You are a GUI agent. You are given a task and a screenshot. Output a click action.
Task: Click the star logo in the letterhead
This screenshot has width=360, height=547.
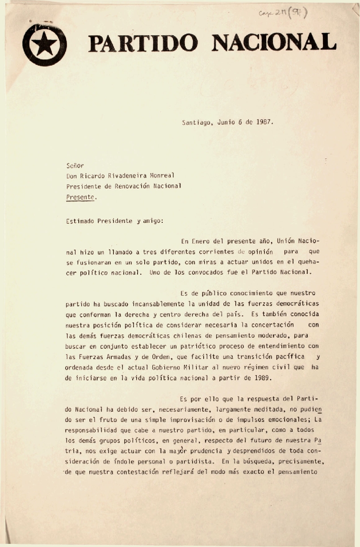click(45, 45)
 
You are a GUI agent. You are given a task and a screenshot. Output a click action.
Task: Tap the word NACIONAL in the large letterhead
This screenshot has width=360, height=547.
click(273, 43)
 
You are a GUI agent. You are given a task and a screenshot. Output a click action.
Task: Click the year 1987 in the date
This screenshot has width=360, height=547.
click(264, 121)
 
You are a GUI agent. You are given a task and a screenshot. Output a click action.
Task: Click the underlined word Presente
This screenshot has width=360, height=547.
click(80, 196)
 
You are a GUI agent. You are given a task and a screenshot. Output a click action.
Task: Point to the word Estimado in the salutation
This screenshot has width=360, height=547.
click(82, 221)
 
